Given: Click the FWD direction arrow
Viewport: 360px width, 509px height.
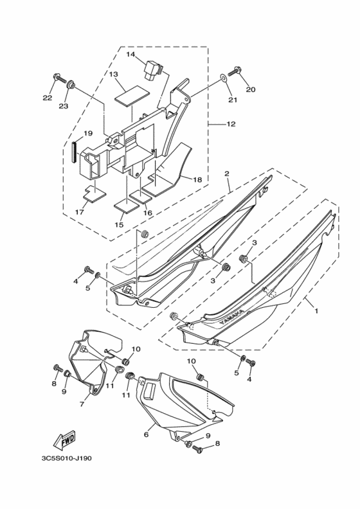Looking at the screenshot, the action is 64,440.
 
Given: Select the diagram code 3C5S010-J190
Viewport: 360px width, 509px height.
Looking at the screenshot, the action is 67,458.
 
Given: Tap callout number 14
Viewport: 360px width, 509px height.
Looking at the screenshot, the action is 130,54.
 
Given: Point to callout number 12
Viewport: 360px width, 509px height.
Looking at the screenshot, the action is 231,124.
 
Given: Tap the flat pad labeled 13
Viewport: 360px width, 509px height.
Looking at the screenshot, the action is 132,95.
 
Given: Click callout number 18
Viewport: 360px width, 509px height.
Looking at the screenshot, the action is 197,179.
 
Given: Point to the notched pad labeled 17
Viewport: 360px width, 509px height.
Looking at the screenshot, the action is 94,194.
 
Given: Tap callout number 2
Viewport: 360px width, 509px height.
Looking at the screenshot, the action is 226,174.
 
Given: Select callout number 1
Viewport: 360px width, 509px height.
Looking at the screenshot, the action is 316,310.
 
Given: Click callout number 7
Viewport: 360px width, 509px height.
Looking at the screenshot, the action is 82,404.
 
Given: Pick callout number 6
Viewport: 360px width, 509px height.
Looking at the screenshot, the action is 147,434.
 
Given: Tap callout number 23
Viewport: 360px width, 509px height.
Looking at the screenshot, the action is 64,106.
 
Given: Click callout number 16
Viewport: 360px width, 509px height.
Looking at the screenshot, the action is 148,213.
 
